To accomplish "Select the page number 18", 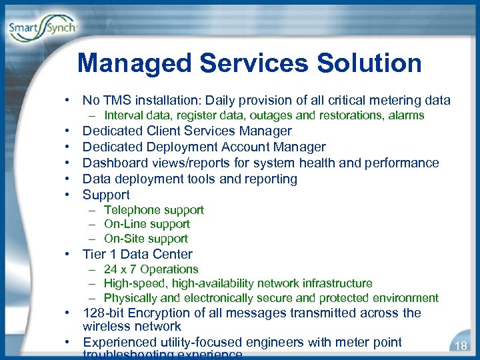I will pos(459,345).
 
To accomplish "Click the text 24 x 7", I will pos(121,269).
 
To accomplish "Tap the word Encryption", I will pos(162,313).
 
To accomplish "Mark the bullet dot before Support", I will pos(69,195).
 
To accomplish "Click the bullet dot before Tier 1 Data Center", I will pos(69,255).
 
